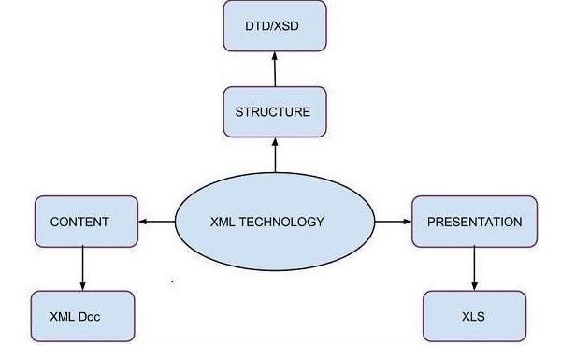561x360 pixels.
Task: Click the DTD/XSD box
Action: pyautogui.click(x=273, y=26)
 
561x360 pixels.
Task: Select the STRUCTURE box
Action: pyautogui.click(x=273, y=112)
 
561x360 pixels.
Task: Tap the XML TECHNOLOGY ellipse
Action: pyautogui.click(x=275, y=223)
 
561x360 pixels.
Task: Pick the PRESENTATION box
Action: pyautogui.click(x=474, y=222)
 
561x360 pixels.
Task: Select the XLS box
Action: pyautogui.click(x=474, y=316)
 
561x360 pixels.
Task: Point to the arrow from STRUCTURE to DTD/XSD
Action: pyautogui.click(x=274, y=68)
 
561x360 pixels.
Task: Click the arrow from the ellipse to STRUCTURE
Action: pyautogui.click(x=274, y=154)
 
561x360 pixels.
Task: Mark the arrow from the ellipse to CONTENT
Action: pyautogui.click(x=157, y=222)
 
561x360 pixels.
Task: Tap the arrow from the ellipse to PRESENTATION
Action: pyautogui.click(x=393, y=222)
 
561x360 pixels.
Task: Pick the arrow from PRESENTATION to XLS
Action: pyautogui.click(x=474, y=268)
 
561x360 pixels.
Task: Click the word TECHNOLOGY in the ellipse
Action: pyautogui.click(x=290, y=223)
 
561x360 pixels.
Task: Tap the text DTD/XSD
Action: pyautogui.click(x=273, y=26)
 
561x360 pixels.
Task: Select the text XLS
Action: pyautogui.click(x=474, y=316)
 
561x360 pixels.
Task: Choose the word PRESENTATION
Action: pyautogui.click(x=474, y=222)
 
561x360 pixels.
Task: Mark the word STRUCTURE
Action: pyautogui.click(x=273, y=112)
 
